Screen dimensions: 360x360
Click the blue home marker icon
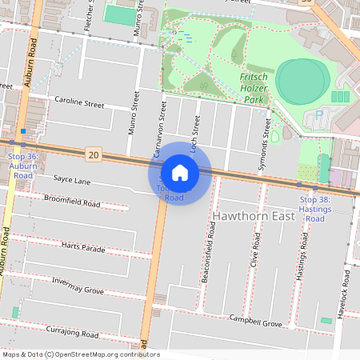click(180, 172)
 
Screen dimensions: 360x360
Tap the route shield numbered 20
click(94, 154)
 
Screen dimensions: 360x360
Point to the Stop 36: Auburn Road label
click(22, 166)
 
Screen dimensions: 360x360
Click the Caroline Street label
click(79, 104)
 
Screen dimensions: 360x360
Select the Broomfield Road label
click(72, 200)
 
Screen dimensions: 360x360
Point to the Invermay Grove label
click(78, 286)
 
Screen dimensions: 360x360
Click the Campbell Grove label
click(255, 321)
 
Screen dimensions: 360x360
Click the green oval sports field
click(303, 82)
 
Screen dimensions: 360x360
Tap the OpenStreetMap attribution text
click(81, 354)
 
